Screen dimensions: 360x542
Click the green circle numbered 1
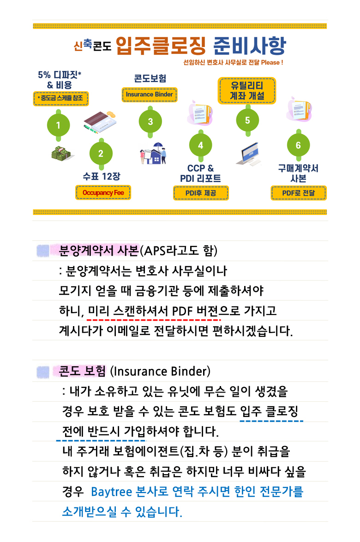click(58, 125)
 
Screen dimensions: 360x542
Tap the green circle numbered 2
click(101, 154)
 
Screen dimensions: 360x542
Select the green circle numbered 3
click(150, 122)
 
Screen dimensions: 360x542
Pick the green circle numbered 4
click(201, 145)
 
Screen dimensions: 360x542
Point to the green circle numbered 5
click(247, 120)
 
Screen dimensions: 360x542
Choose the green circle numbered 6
click(298, 145)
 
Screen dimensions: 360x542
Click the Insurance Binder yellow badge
click(150, 95)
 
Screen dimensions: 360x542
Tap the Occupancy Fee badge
click(103, 192)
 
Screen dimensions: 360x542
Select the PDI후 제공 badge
click(201, 193)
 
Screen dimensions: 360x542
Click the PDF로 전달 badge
click(299, 193)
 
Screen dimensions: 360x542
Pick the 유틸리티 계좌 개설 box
click(247, 90)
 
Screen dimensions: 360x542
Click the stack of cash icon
click(61, 153)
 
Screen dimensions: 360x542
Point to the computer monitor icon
click(249, 154)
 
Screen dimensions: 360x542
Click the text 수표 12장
click(102, 176)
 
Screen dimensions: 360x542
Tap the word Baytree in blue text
click(111, 492)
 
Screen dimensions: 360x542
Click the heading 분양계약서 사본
click(99, 250)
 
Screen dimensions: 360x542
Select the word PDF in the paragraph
click(182, 311)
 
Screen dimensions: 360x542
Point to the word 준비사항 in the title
click(249, 46)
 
